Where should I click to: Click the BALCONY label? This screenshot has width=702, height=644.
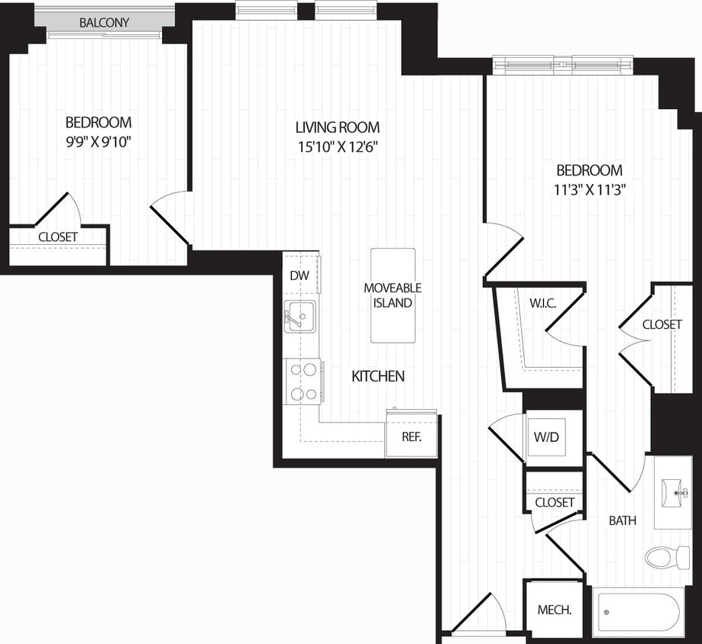click(104, 22)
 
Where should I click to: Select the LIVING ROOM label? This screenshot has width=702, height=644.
click(337, 127)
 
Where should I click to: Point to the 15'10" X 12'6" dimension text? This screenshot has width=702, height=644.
click(337, 147)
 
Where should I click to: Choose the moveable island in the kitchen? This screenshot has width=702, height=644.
click(393, 295)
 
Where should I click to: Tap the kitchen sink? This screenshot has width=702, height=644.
click(299, 316)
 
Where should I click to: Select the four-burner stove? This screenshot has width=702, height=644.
click(302, 382)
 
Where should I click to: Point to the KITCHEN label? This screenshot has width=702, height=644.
click(377, 376)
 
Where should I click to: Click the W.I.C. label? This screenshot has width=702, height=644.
click(542, 303)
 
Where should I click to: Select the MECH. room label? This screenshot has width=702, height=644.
click(555, 610)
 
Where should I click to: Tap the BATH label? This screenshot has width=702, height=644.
click(623, 521)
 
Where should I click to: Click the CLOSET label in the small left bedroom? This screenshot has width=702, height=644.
click(57, 237)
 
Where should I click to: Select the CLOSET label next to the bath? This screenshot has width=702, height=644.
click(554, 502)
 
